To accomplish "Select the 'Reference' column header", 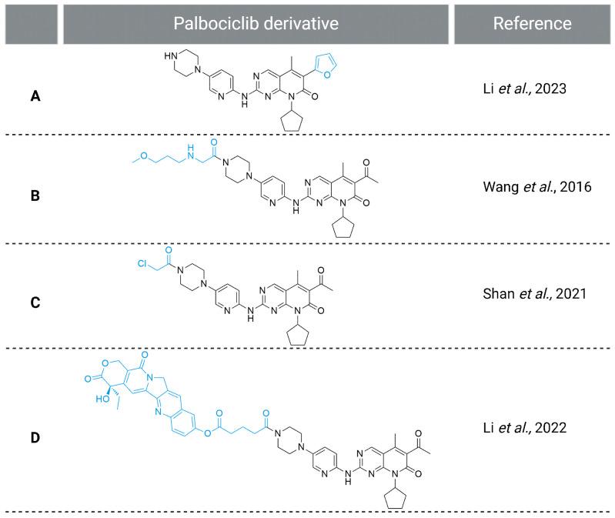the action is pos(532,23).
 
